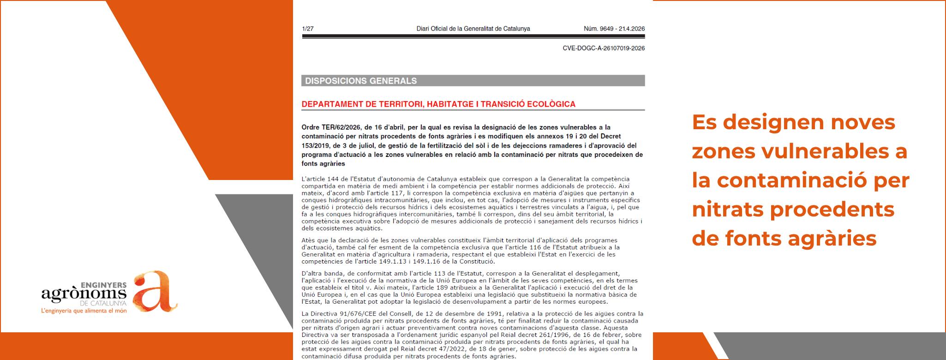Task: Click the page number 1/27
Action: coord(308,29)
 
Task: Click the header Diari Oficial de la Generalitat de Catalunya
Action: coord(473,29)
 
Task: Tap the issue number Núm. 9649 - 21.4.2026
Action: coord(614,29)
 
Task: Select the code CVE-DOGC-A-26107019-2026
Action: coord(603,48)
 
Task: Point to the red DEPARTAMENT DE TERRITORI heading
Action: coord(438,104)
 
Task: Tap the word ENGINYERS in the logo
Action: coord(103,285)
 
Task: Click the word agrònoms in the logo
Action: coord(84,294)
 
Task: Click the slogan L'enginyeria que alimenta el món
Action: coord(84,311)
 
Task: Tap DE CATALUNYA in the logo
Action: coord(103,303)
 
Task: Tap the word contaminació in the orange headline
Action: coord(792,180)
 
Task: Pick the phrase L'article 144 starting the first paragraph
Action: coord(320,179)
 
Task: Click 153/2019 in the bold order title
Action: coord(315,145)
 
